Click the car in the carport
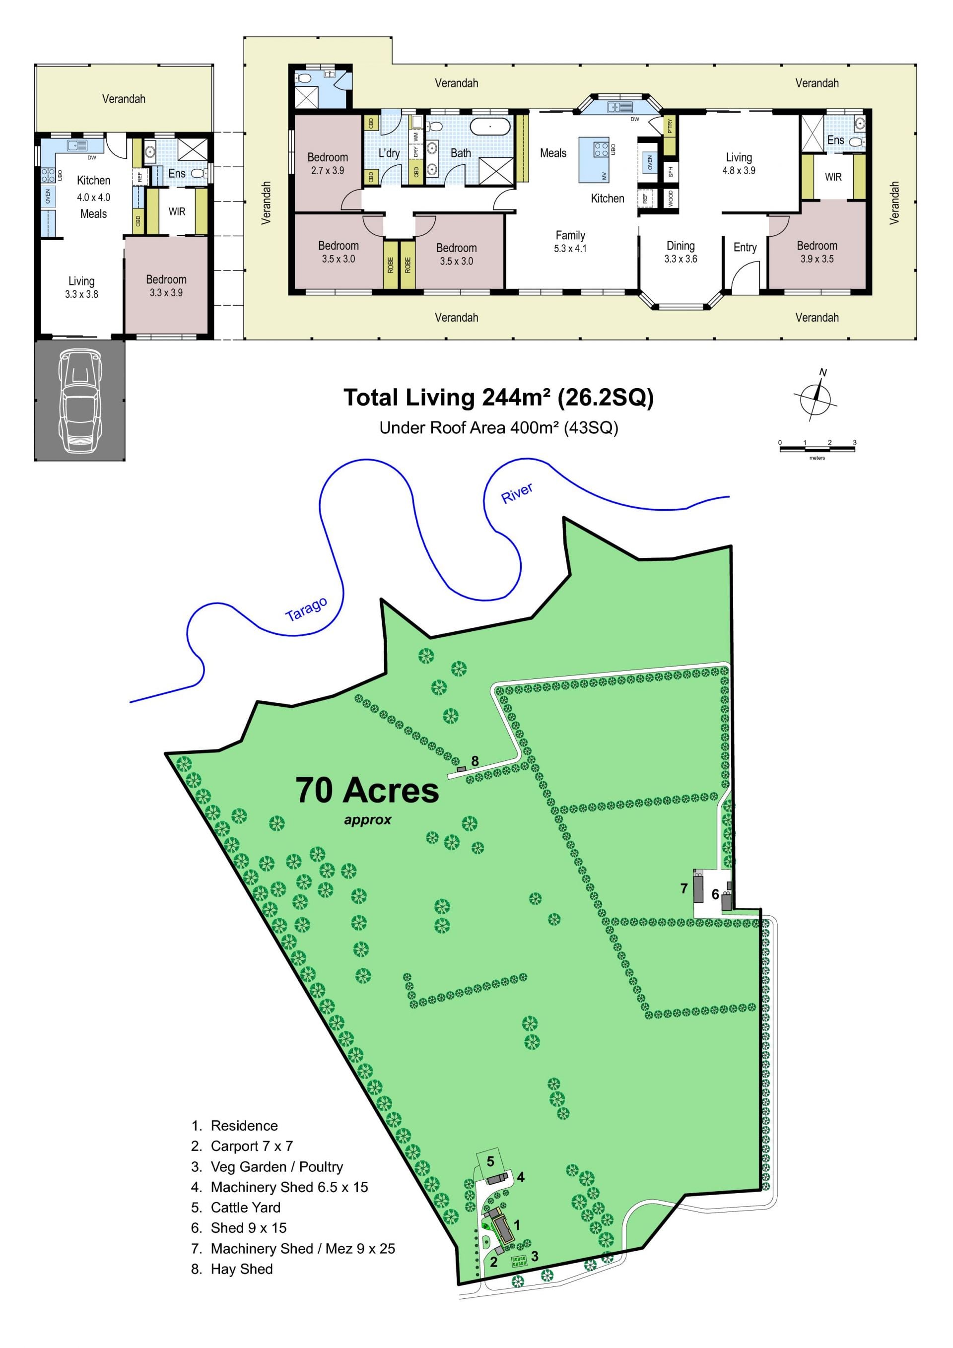pyautogui.click(x=79, y=401)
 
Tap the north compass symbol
pyautogui.click(x=816, y=395)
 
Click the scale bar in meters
pyautogui.click(x=817, y=449)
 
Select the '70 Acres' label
pyautogui.click(x=367, y=790)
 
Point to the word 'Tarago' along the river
pyautogui.click(x=306, y=609)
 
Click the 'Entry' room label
pyautogui.click(x=745, y=247)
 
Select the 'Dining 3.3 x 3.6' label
pyautogui.click(x=681, y=252)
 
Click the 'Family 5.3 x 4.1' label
pyautogui.click(x=570, y=241)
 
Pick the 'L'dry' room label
pyautogui.click(x=389, y=153)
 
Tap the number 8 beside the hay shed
pyautogui.click(x=475, y=761)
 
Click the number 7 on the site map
pyautogui.click(x=683, y=888)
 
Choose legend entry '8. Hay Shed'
pyautogui.click(x=232, y=1269)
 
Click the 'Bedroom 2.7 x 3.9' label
pyautogui.click(x=328, y=163)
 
